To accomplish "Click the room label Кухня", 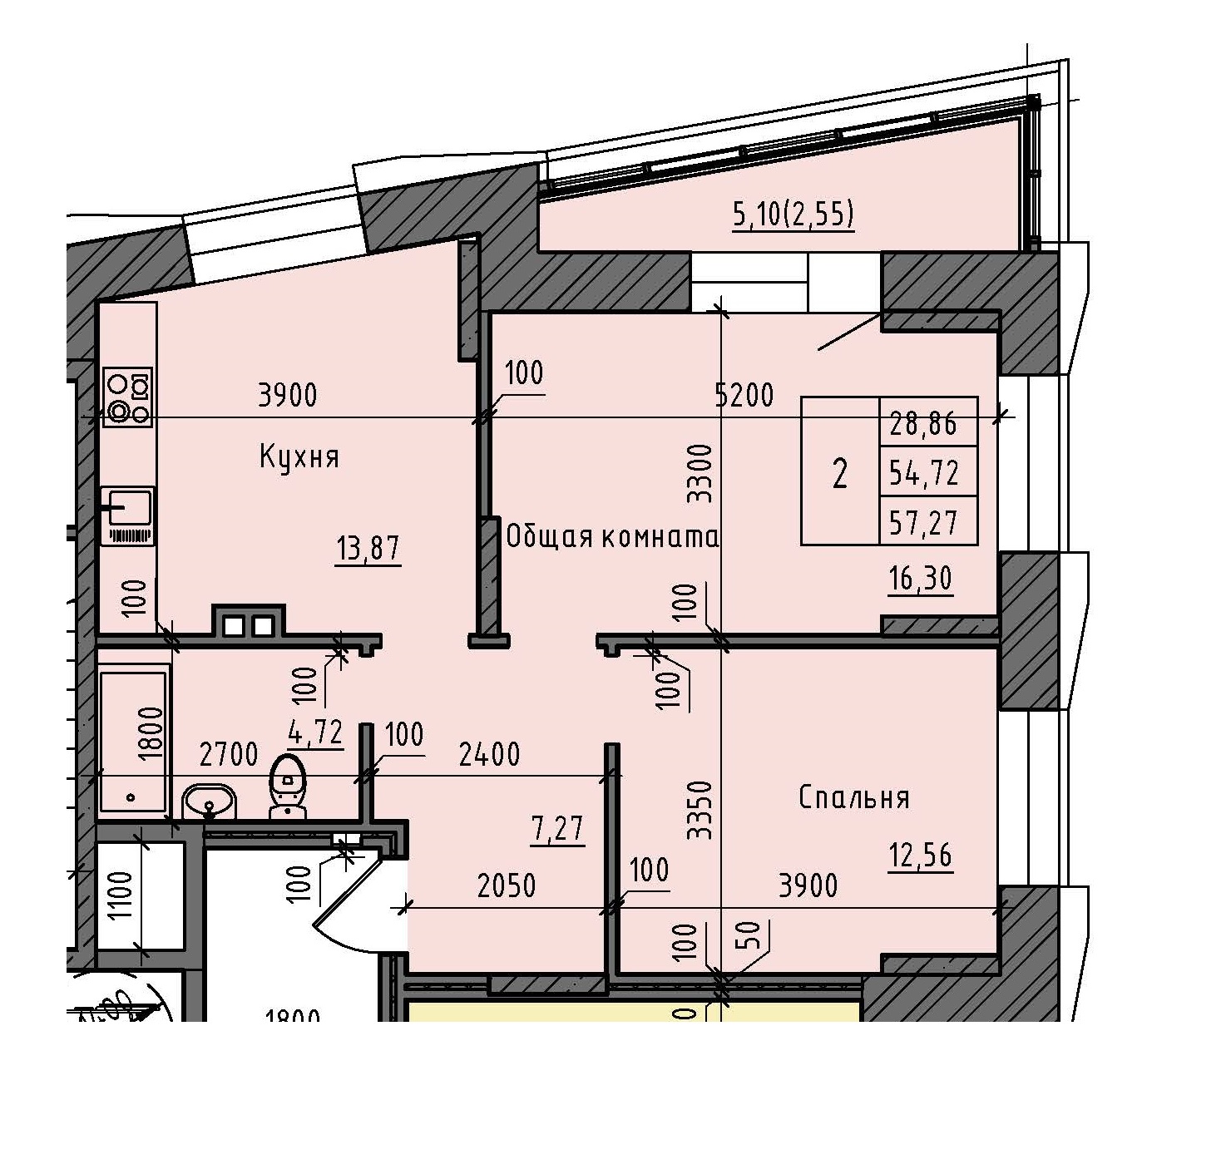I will coord(299,457).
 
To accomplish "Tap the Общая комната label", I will coord(611,537).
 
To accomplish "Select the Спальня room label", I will coord(853,797).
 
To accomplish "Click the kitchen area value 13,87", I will coord(368,549).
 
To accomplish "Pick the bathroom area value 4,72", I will coord(315,732).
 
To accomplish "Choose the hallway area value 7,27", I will coord(557,828).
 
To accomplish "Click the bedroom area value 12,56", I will coord(920,855).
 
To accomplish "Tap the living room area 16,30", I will coord(920,578).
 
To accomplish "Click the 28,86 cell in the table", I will coord(923,424).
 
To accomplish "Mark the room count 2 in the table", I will coord(840,474).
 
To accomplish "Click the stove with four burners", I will coord(128,397).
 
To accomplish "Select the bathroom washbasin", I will coord(209,802).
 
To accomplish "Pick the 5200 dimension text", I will coord(744,395).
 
